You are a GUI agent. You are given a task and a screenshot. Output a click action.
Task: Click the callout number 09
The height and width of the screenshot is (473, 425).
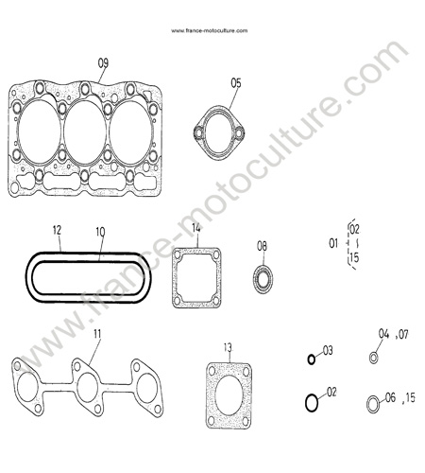pyautogui.click(x=103, y=63)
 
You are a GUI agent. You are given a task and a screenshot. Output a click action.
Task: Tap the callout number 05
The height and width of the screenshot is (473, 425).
pyautogui.click(x=236, y=83)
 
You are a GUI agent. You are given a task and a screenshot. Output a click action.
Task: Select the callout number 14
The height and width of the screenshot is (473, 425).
pyautogui.click(x=195, y=228)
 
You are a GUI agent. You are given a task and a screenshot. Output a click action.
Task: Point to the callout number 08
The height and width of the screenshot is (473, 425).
pyautogui.click(x=262, y=246)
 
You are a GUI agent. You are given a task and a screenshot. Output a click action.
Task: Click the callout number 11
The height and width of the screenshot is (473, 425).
pyautogui.click(x=97, y=334)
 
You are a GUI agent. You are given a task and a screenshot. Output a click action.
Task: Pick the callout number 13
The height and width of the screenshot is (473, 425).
pyautogui.click(x=228, y=347)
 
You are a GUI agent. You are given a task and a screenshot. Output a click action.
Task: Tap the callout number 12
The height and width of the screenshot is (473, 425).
pyautogui.click(x=57, y=230)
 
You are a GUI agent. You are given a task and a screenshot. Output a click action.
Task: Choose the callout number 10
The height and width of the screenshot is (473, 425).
pyautogui.click(x=100, y=232)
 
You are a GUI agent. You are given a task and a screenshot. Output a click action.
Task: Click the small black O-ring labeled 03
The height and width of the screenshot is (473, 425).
pyautogui.click(x=311, y=359)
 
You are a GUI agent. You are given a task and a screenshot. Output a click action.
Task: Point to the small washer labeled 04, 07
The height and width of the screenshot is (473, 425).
pyautogui.click(x=373, y=358)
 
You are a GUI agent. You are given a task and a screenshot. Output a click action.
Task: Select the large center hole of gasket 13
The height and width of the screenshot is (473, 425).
pyautogui.click(x=229, y=395)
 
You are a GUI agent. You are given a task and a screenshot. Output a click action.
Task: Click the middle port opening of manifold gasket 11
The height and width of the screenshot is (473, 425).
pyautogui.click(x=87, y=387)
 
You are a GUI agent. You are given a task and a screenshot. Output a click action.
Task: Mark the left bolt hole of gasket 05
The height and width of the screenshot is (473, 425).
pyautogui.click(x=198, y=132)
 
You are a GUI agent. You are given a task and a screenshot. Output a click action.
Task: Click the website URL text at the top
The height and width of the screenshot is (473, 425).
pyautogui.click(x=210, y=30)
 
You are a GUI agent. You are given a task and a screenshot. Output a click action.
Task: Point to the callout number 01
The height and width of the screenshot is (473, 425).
pyautogui.click(x=333, y=243)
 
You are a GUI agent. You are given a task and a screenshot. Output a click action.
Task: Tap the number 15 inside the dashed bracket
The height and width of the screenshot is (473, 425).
pyautogui.click(x=354, y=257)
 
